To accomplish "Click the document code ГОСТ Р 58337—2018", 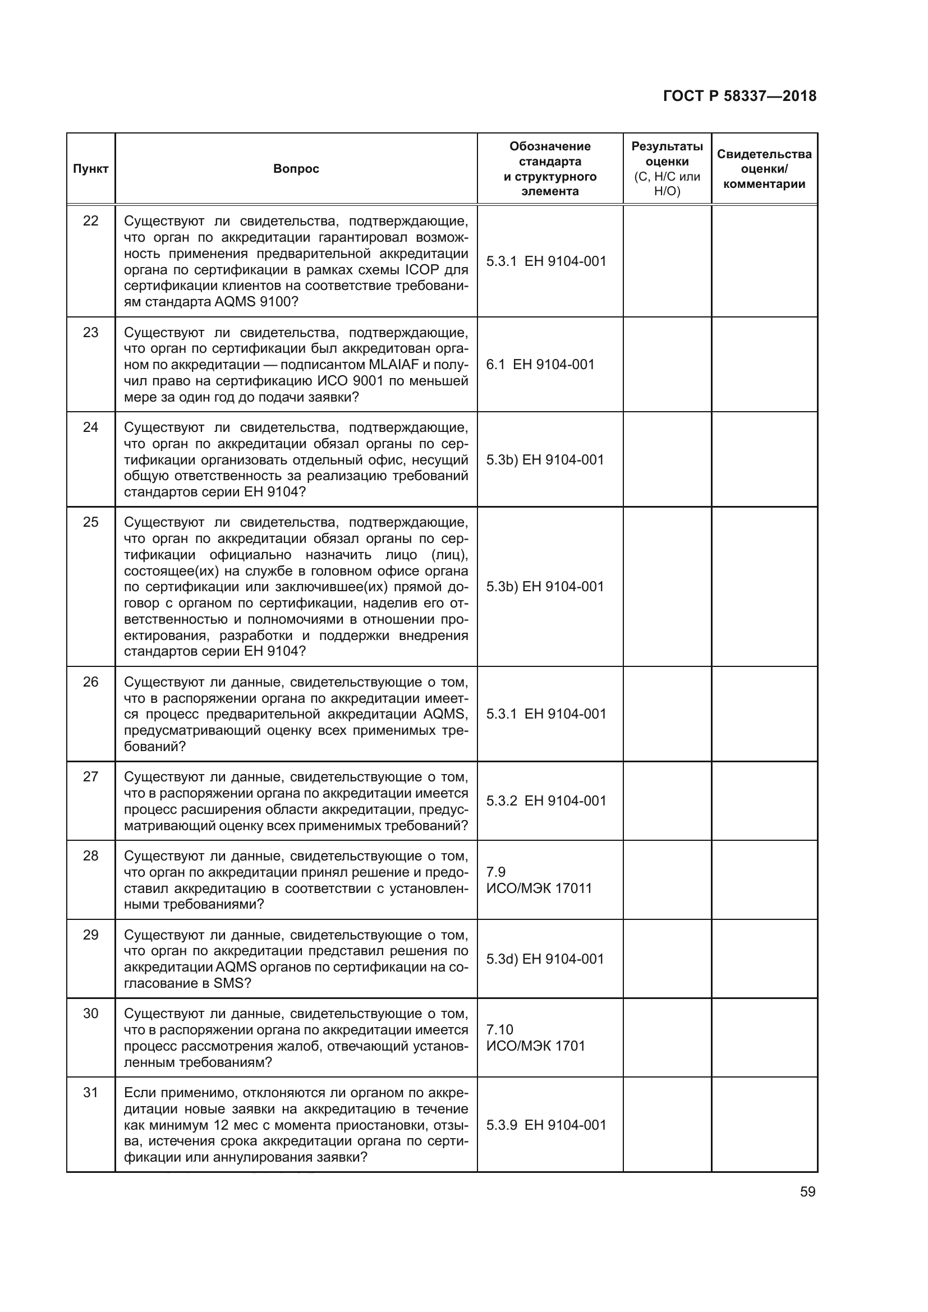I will [739, 96].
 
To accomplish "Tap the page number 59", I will [807, 1191].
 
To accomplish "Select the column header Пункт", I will [91, 169].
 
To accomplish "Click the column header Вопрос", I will [296, 169].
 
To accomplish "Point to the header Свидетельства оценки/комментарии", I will [764, 169].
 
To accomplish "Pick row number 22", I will [91, 220].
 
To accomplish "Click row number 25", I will [91, 522].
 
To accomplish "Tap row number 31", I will [91, 1093].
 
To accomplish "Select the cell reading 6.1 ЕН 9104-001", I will [540, 365].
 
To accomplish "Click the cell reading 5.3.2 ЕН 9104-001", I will [546, 801].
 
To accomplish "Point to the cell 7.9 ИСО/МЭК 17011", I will [539, 880].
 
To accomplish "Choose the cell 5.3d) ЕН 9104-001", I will [545, 959].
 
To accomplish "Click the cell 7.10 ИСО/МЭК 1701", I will [535, 1038].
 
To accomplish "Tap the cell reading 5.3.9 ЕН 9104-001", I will [546, 1125].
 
